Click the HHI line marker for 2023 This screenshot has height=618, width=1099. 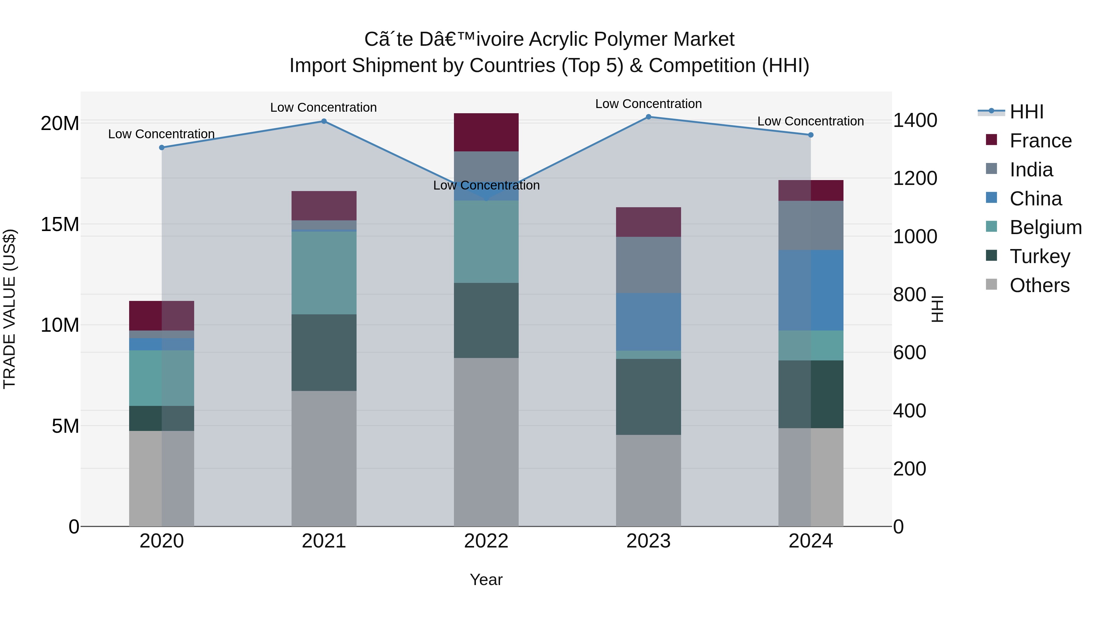tap(648, 117)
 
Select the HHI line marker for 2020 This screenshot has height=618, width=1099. tap(162, 148)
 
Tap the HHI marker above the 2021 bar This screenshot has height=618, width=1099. tap(324, 121)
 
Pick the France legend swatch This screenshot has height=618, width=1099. tap(992, 140)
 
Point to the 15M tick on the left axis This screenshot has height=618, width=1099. tap(60, 224)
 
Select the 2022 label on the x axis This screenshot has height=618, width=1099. tap(486, 541)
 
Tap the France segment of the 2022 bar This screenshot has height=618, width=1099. tap(486, 132)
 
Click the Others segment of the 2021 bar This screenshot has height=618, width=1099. tap(324, 458)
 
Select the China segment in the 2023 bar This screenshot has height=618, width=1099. tap(648, 322)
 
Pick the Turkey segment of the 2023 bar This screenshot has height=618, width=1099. tap(648, 397)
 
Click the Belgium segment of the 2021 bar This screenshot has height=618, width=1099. tap(324, 273)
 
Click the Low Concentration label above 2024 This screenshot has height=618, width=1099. tap(811, 121)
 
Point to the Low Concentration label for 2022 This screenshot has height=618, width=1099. tap(486, 186)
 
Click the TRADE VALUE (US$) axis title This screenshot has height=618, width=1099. tap(9, 309)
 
